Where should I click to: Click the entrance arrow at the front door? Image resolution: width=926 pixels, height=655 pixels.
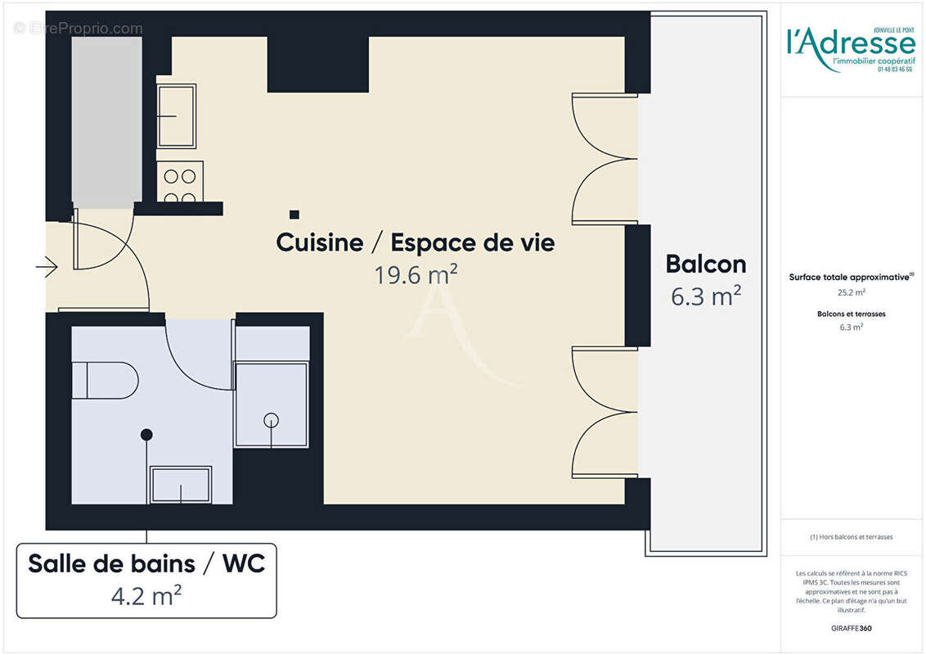pos(47,266)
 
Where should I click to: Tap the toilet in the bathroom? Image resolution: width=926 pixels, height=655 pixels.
pos(105,381)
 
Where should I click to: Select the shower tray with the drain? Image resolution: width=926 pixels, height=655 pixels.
pos(272,404)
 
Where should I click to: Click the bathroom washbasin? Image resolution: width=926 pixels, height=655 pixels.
pos(181,484)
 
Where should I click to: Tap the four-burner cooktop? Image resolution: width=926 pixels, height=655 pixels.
pos(180,183)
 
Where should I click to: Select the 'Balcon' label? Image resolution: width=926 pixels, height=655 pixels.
pos(705,264)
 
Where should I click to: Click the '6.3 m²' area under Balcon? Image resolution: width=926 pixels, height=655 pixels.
pos(705,296)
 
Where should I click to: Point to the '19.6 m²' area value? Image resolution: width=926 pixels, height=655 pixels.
pos(416,275)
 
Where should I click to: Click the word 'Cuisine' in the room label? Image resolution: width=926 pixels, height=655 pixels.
pos(320,243)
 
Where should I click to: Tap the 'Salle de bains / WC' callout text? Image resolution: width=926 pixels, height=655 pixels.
pos(146,564)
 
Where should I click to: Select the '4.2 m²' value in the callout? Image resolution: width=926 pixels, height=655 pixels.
pos(146,595)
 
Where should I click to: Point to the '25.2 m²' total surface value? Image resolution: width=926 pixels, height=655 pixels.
pos(851,291)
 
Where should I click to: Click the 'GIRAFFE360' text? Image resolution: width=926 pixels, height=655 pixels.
pos(851,629)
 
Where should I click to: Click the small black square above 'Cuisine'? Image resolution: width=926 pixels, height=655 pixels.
pos(294,215)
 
